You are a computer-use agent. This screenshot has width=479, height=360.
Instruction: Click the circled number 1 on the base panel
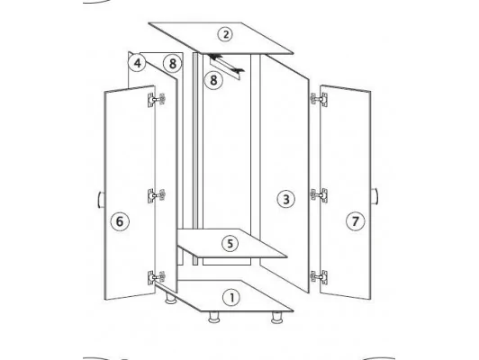[231, 297]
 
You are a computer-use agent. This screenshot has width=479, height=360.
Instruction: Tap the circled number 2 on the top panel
[225, 34]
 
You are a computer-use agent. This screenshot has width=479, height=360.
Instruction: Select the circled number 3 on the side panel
[286, 200]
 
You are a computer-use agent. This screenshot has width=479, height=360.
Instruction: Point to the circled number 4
[138, 63]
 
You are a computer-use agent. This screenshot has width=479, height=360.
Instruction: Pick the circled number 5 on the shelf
[230, 243]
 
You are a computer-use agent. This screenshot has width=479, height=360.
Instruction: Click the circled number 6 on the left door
[120, 221]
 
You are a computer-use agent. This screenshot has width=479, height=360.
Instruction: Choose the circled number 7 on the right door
[356, 220]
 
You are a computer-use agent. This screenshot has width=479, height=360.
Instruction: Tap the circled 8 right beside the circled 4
[173, 64]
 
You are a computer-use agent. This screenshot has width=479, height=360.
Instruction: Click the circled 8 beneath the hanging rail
[213, 80]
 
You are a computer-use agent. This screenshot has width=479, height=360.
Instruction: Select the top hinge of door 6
[157, 100]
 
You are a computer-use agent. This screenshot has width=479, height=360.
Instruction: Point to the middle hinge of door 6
[157, 195]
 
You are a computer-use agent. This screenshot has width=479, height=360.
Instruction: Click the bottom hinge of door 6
[157, 277]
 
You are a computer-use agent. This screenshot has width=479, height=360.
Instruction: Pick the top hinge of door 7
[319, 100]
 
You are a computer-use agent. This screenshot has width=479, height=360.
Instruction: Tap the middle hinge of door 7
[319, 195]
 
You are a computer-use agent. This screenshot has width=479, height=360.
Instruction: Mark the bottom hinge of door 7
[319, 277]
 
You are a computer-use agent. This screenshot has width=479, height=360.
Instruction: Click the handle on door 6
[101, 200]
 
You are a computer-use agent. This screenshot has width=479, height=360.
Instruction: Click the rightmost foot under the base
[277, 318]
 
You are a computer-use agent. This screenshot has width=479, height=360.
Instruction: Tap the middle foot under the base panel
[214, 318]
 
